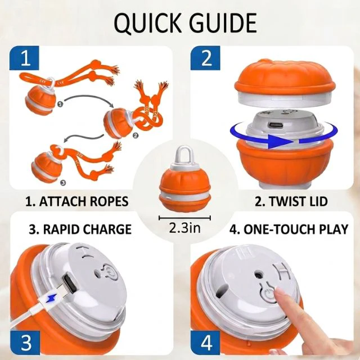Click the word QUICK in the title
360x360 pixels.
click(147, 24)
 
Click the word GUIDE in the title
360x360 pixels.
click(223, 23)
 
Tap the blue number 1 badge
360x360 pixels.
click(24, 58)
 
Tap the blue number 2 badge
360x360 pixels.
click(205, 58)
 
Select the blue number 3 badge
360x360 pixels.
click(25, 343)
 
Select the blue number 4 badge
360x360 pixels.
click(205, 343)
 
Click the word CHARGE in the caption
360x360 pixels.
click(107, 229)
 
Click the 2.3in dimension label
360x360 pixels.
click(184, 228)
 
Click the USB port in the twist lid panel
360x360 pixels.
click(275, 125)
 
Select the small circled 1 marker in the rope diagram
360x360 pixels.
click(60, 105)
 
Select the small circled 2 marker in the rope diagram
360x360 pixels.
click(136, 136)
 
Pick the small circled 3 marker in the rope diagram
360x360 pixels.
click(63, 183)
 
